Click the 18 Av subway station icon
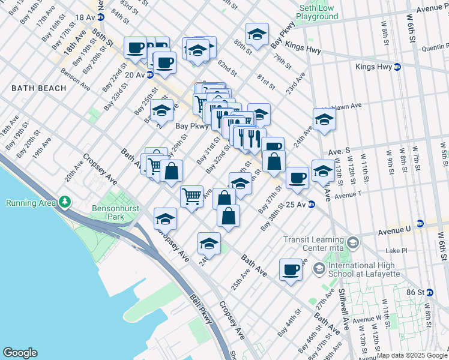click(101, 17)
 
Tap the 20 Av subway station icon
click(150, 74)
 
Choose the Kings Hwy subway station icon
click(397, 67)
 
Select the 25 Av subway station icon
click(312, 205)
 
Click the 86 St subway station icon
click(429, 292)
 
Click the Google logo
click(20, 352)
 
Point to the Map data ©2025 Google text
click(412, 355)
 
